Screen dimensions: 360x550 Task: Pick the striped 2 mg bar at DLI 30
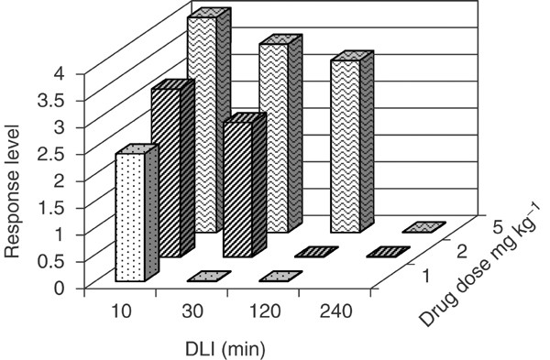point(236,189)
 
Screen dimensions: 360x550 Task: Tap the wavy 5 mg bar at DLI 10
point(203,124)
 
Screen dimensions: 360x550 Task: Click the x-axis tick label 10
point(121,311)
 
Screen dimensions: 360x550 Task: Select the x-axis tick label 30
point(192,311)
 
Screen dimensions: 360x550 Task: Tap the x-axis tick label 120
point(263,311)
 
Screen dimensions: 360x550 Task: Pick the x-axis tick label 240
point(335,311)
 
